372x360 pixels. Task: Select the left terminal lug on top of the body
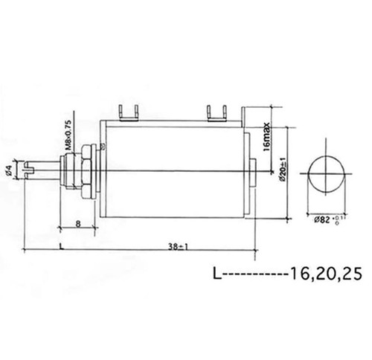coord(127,112)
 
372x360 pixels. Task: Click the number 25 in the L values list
coord(350,274)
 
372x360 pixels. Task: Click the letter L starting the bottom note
coord(216,274)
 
